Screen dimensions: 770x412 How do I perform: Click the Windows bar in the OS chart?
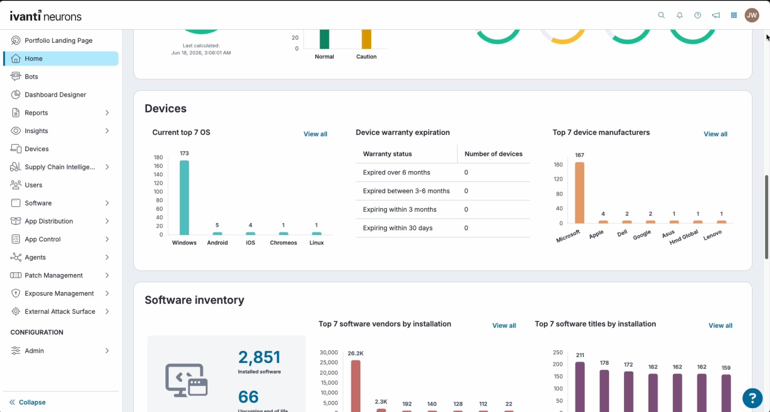[x=184, y=197]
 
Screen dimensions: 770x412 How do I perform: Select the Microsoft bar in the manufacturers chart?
[x=579, y=192]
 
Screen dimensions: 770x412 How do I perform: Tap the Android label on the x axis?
[x=217, y=243]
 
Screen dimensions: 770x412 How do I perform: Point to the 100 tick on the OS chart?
[x=158, y=191]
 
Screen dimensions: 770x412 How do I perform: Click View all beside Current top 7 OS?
[x=315, y=134]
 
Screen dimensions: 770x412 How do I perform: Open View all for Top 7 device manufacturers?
[x=716, y=134]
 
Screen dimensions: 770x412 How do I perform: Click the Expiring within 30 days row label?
[x=398, y=228]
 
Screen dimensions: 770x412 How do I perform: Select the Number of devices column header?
[x=493, y=154]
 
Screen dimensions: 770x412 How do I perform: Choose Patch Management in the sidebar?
[x=54, y=275]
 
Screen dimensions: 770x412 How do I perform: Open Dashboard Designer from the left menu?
[x=55, y=95]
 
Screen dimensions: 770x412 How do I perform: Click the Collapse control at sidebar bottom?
[x=28, y=402]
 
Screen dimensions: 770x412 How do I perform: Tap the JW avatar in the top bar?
[x=752, y=15]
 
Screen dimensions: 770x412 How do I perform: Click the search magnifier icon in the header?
[x=662, y=15]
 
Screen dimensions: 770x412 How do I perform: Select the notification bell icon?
[x=680, y=15]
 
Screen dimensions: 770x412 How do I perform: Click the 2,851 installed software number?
[x=259, y=357]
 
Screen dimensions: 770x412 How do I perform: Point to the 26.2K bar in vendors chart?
[x=356, y=386]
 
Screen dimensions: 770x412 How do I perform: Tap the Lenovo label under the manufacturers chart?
[x=712, y=235]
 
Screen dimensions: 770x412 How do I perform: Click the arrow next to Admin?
[x=107, y=351]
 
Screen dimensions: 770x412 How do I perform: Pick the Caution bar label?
[x=366, y=57]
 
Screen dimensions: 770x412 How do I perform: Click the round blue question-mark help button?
[x=752, y=398]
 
